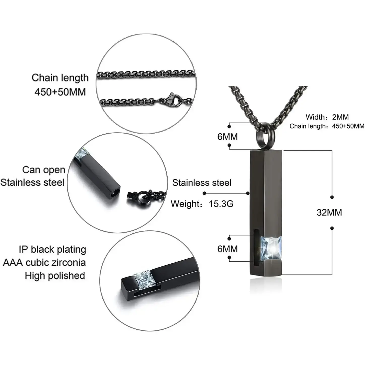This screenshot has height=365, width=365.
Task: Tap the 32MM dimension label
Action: coord(329,212)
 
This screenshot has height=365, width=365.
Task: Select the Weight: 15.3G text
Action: coord(202,204)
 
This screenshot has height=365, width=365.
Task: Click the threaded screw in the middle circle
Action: coord(132,195)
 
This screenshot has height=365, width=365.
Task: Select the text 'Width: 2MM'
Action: coord(327,117)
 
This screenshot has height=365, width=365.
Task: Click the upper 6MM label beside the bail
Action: coord(227,137)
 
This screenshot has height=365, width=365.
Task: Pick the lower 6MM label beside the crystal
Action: coord(227,249)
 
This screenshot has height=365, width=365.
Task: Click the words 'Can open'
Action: coord(44,170)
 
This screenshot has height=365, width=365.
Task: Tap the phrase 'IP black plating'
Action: coord(52,250)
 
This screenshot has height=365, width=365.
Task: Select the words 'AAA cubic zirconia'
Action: coord(44,263)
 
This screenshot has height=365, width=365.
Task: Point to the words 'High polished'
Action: coord(55,276)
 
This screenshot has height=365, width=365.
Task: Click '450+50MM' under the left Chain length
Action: coord(60,92)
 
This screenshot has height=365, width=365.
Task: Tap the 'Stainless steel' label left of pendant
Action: coord(202,182)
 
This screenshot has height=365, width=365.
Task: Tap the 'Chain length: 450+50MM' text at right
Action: coord(327,126)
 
